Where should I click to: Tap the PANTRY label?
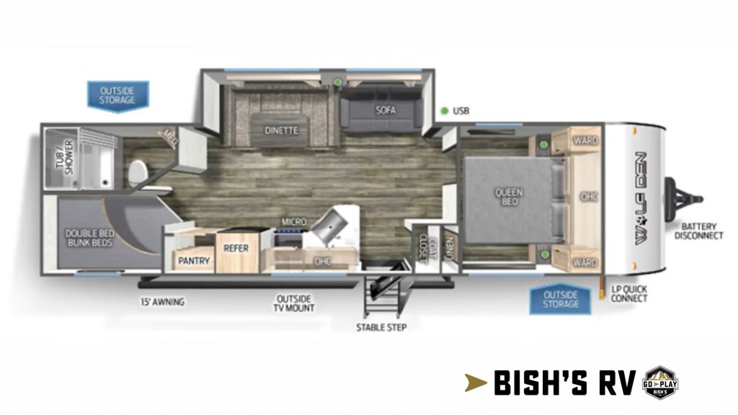coord(193,260)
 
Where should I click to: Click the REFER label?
coord(236,247)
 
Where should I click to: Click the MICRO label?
coord(294,221)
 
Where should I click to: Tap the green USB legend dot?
coord(445,111)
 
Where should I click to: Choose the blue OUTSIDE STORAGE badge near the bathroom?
coord(117,95)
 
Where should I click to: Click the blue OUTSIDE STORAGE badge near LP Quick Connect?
coord(561,299)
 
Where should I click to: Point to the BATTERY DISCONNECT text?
coord(698,231)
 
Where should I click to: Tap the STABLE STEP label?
coord(381,328)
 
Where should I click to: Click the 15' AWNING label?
coord(162,302)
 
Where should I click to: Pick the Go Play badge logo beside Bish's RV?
coord(659,382)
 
